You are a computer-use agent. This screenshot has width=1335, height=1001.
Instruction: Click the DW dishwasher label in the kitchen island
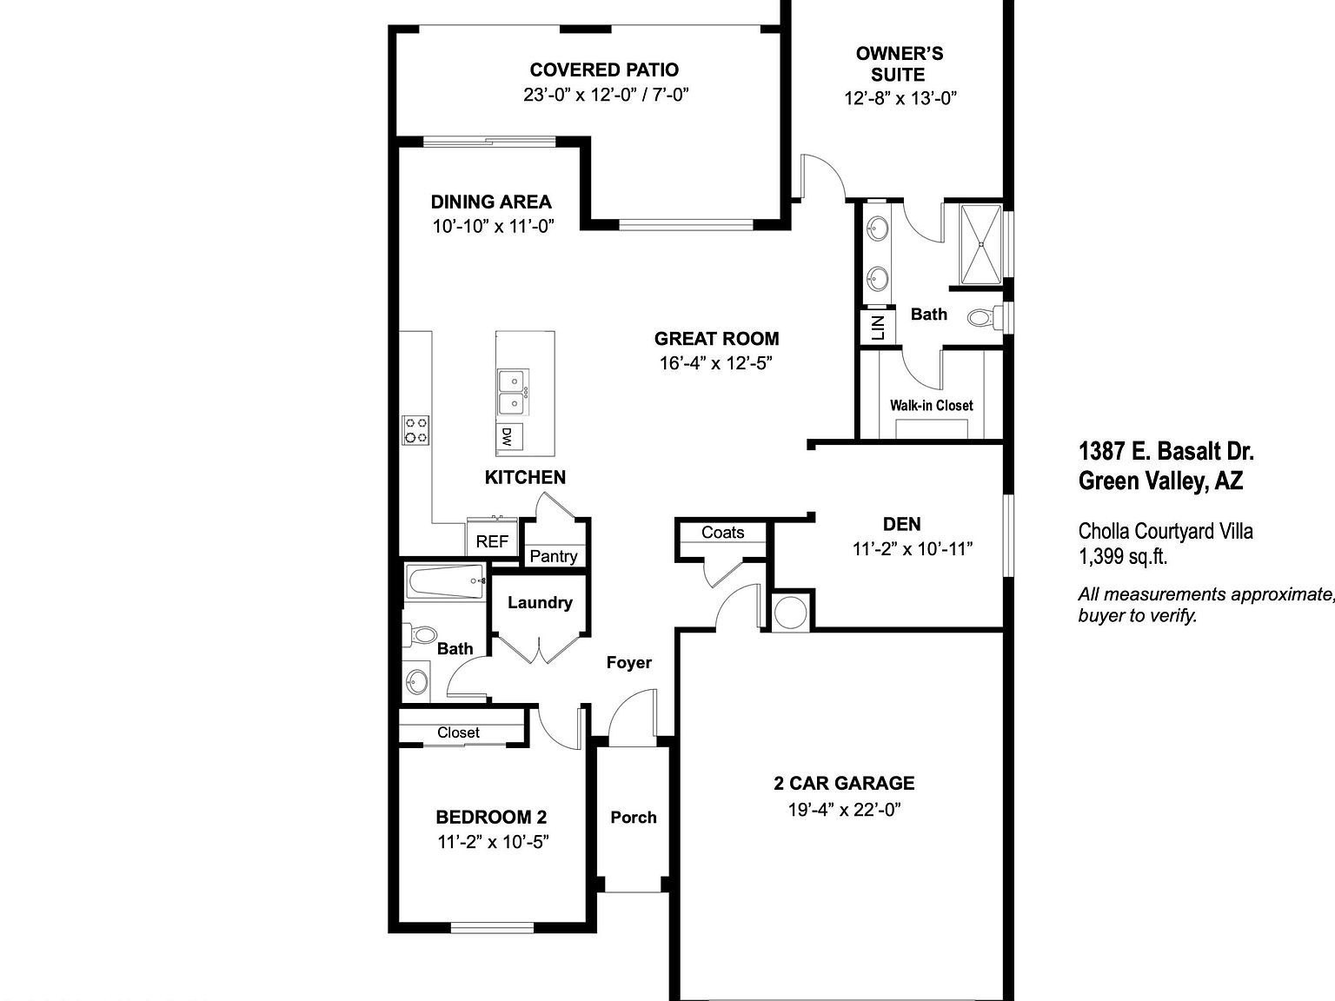[507, 436]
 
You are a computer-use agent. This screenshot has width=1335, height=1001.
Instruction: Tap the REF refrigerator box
[492, 541]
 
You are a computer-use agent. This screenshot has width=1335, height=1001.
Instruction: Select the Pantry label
[554, 556]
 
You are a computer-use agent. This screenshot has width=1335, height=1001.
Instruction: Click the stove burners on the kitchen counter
[415, 430]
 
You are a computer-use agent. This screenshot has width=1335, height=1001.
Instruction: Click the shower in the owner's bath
[981, 244]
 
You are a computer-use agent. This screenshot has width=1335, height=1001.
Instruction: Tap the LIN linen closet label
[877, 327]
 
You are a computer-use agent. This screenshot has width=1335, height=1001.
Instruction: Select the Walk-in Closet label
[931, 405]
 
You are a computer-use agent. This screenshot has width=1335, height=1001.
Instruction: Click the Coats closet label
[723, 532]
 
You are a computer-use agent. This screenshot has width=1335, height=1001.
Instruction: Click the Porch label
[633, 817]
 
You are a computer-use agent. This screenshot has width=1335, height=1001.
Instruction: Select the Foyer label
[628, 662]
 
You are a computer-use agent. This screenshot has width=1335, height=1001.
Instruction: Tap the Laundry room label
[540, 602]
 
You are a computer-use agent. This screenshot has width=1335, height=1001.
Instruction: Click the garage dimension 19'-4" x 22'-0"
[844, 810]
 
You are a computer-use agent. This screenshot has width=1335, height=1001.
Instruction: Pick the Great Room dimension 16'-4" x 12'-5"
[716, 363]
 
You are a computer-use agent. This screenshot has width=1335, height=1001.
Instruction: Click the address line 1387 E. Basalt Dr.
[1166, 451]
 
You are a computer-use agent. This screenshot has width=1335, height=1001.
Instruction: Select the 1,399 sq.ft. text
[1122, 557]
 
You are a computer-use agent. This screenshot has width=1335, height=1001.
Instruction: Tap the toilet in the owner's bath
[982, 318]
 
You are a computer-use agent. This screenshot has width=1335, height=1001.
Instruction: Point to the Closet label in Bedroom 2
[458, 733]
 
